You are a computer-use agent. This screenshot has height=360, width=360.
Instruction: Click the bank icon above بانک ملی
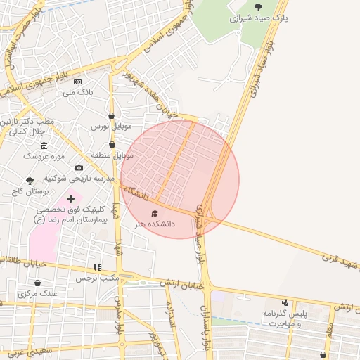click(x=78, y=82)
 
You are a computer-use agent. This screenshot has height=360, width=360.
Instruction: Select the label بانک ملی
click(x=78, y=92)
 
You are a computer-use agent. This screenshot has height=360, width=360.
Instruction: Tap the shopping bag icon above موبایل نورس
click(x=112, y=115)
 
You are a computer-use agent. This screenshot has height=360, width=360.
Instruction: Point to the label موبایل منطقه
click(x=112, y=154)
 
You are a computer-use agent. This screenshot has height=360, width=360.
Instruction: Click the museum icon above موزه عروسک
click(x=44, y=146)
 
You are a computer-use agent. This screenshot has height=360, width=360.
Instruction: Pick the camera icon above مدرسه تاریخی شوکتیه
click(x=79, y=168)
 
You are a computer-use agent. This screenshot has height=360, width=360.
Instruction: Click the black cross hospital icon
click(x=70, y=199)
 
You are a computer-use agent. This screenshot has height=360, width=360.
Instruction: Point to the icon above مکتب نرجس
click(x=97, y=267)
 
